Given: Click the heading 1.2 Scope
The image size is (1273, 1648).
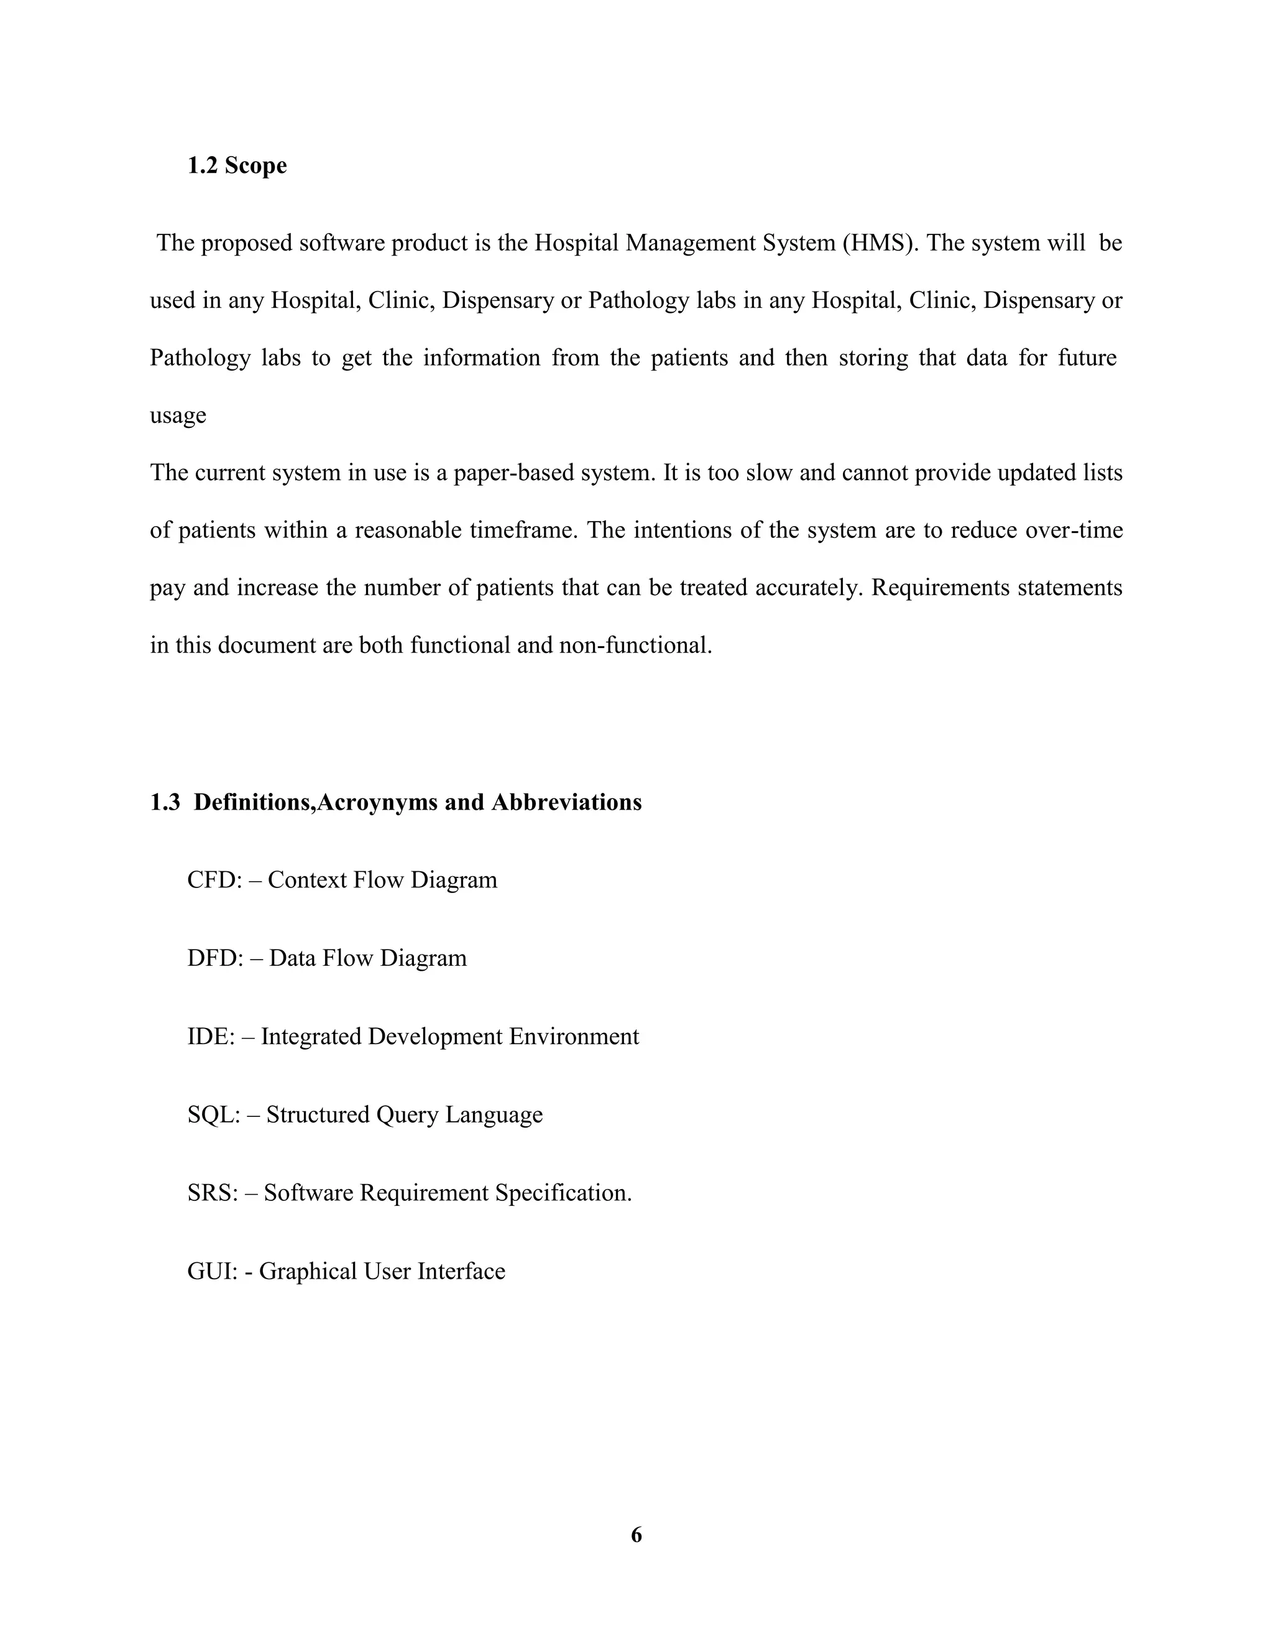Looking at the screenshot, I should click(x=237, y=165).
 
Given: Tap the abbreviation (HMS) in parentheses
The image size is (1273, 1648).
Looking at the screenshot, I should click(x=878, y=243).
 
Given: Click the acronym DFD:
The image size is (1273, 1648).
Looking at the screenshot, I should click(x=215, y=958).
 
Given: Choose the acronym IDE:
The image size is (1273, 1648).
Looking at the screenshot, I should click(x=211, y=1037).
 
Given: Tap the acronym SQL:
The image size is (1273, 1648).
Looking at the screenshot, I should click(x=213, y=1114).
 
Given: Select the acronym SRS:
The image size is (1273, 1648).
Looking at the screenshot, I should click(x=213, y=1193).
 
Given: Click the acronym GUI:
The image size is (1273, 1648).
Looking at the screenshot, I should click(x=212, y=1272).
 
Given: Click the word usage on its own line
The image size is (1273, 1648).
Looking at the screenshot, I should click(x=178, y=416).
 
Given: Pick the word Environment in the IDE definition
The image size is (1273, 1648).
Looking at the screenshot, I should click(x=573, y=1037).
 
